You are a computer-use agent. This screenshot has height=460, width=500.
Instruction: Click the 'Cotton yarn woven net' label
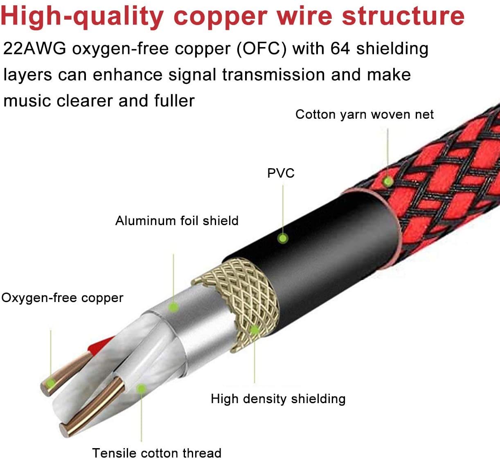365,115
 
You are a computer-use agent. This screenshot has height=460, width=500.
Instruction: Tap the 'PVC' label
281,173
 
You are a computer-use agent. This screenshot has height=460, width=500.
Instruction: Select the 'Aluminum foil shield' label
177,221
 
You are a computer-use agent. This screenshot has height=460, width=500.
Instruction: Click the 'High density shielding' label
278,399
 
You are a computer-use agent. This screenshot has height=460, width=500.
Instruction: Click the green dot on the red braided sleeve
387,181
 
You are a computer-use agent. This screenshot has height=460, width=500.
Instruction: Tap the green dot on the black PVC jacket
283,239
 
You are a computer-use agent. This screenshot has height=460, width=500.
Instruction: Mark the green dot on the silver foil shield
173,307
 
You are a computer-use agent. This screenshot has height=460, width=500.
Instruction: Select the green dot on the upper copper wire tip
51,383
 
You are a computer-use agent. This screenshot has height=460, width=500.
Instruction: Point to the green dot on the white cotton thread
141,388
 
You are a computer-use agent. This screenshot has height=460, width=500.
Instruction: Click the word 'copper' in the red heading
221,16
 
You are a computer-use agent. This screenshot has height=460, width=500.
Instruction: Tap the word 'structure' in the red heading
403,16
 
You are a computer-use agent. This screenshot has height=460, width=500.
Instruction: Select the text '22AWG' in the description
35,48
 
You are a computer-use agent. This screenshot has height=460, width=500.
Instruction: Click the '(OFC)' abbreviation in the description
261,49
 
